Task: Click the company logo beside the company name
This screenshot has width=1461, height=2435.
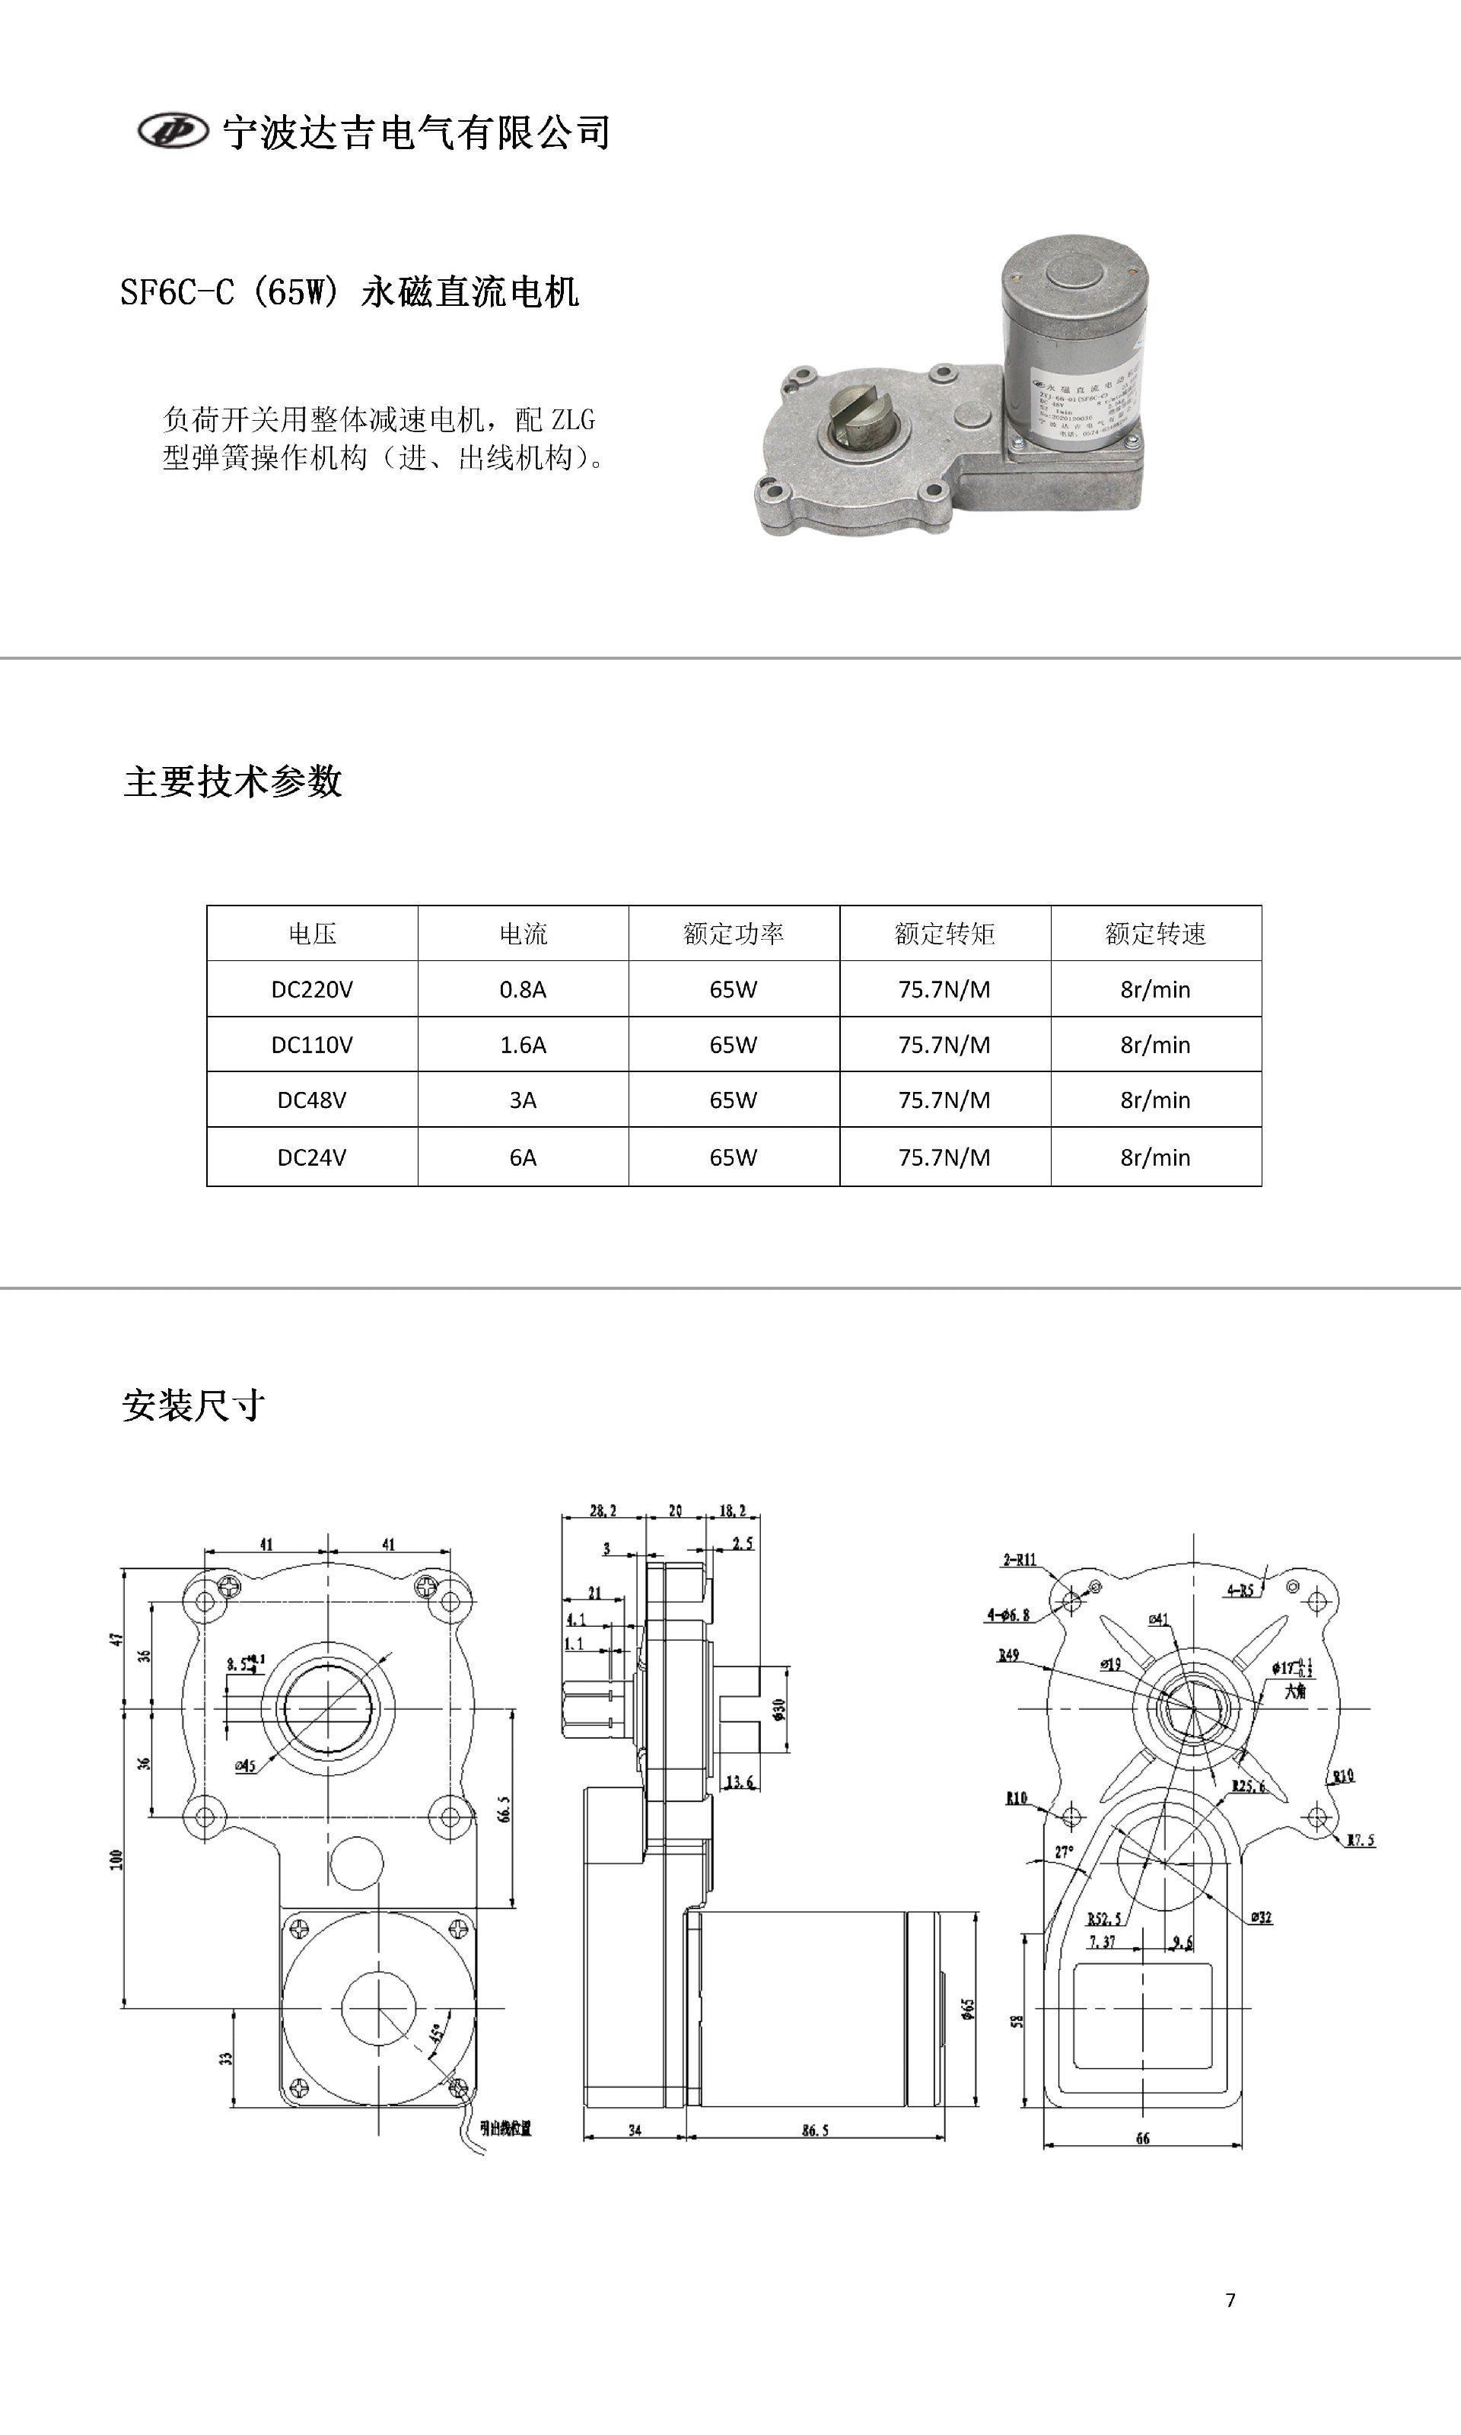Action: coord(172,131)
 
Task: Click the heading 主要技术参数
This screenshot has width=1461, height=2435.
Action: coord(232,781)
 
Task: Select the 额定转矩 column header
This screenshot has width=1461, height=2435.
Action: coord(944,933)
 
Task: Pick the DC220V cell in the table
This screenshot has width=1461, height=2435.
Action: coord(312,989)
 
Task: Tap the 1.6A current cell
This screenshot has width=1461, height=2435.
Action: coord(523,1044)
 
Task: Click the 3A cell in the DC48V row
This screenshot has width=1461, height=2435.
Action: coord(523,1100)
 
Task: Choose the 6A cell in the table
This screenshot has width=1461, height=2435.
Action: coord(523,1157)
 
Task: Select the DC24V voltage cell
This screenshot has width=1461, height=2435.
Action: coord(312,1157)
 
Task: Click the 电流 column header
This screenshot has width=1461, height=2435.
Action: coord(523,933)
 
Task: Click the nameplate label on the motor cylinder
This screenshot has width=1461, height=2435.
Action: coord(1083,403)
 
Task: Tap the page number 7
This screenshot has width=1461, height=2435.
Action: coord(1230,2300)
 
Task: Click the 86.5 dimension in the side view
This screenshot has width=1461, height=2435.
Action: coord(814,2130)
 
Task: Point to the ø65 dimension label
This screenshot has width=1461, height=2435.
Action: coord(969,2008)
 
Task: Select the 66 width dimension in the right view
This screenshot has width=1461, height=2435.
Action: coord(1142,2137)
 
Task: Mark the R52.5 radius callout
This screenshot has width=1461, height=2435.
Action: coord(1103,1918)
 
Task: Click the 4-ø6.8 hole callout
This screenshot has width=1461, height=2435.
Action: coord(1008,1614)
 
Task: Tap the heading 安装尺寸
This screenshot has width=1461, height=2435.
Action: coord(194,1405)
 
